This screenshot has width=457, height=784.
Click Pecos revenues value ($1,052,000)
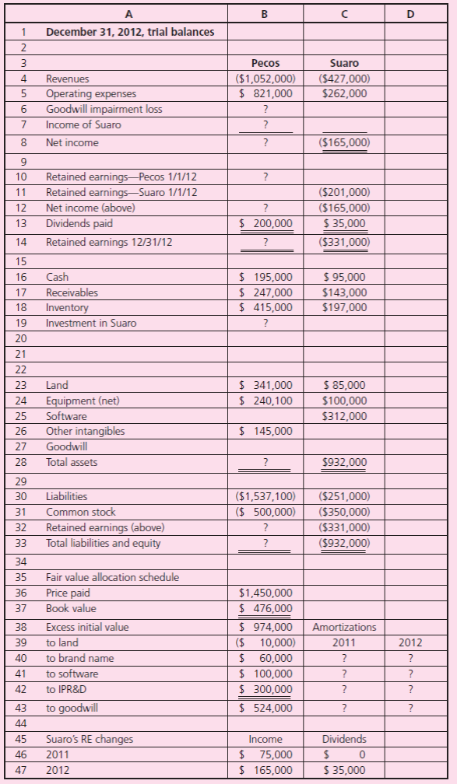click(264, 79)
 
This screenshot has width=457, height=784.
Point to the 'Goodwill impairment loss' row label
click(104, 109)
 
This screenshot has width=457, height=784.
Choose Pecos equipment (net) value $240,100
click(266, 400)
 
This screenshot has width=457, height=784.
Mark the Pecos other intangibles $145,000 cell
click(266, 430)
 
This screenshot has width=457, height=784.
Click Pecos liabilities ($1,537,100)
click(264, 495)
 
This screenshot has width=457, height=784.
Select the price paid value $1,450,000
click(267, 593)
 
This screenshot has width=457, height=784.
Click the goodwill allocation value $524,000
click(266, 707)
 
